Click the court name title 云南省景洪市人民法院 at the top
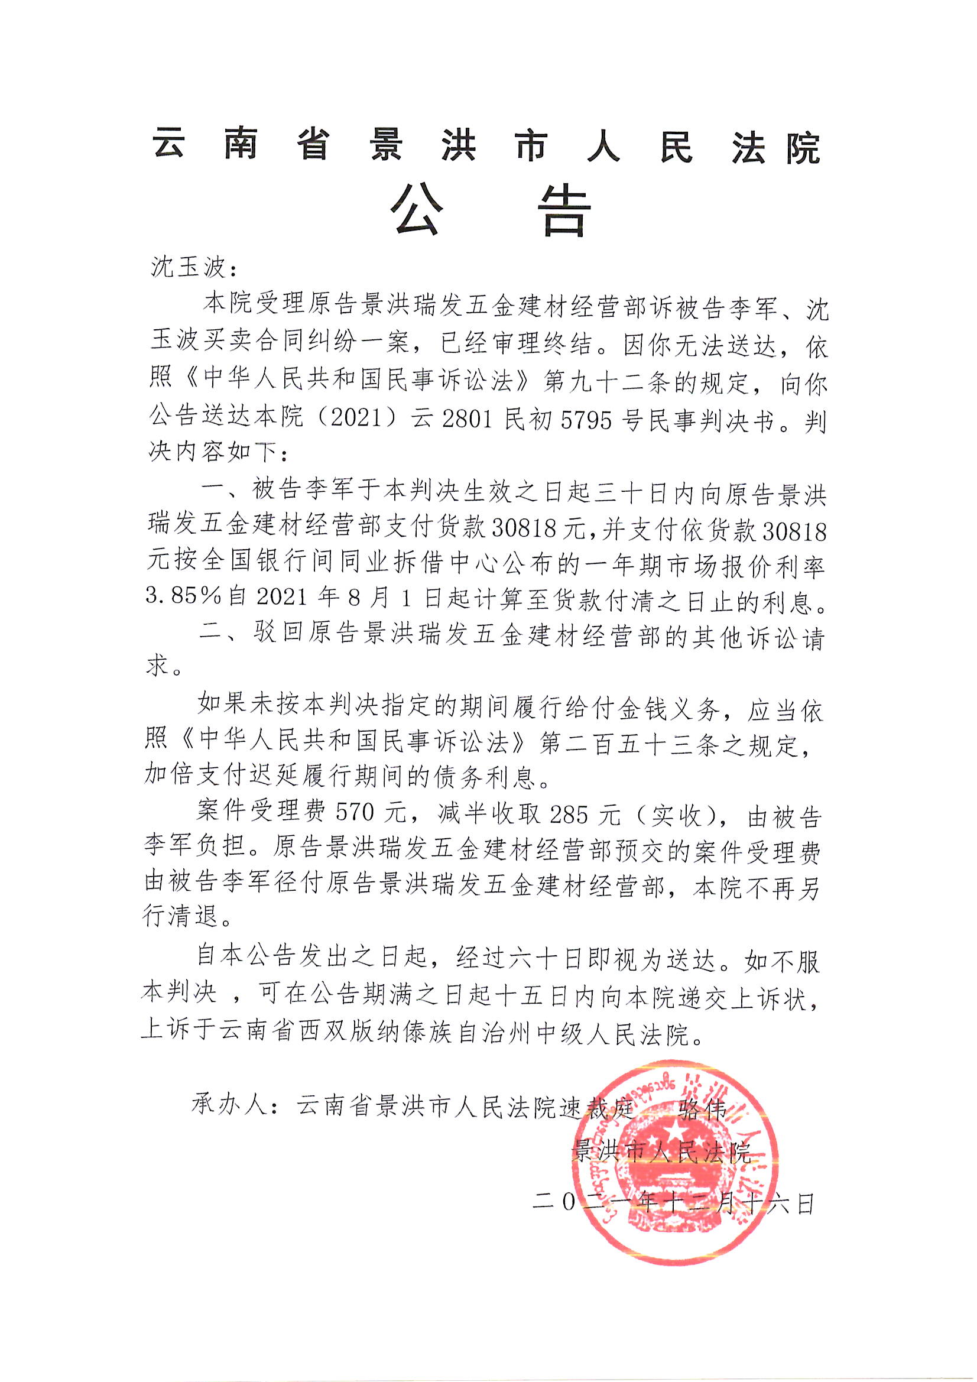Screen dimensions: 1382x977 tap(487, 147)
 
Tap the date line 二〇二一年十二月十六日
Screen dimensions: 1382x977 tap(673, 1204)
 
